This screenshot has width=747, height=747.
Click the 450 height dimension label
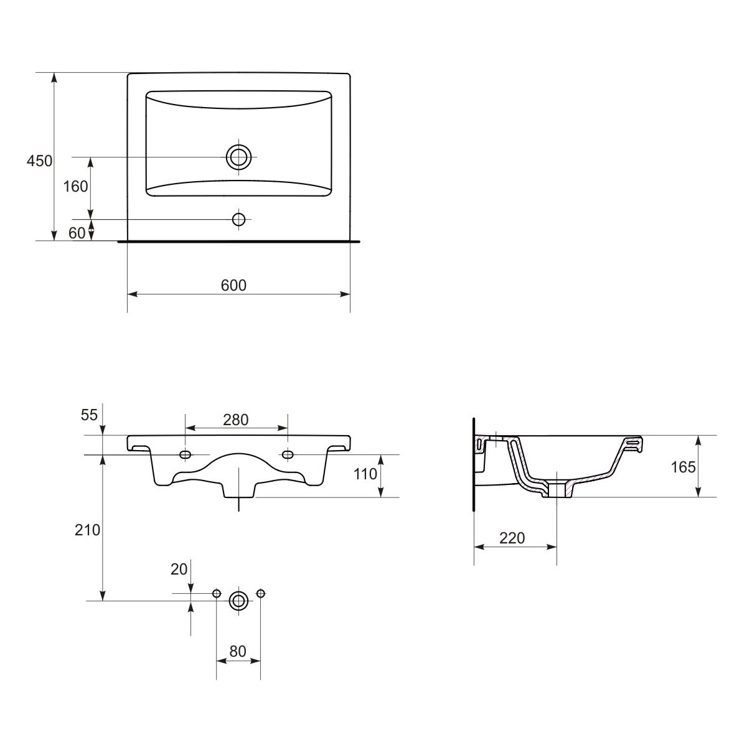click(x=39, y=161)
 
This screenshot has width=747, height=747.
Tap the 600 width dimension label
click(x=233, y=285)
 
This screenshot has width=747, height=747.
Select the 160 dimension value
click(x=75, y=187)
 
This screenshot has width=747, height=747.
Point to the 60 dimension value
click(x=77, y=233)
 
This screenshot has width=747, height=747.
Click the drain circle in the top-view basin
click(x=238, y=157)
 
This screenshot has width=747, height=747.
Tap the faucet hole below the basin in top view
click(x=238, y=219)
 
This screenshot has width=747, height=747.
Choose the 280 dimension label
click(x=236, y=420)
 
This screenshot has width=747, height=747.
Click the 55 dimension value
click(x=89, y=415)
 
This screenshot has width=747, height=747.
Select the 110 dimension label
click(x=365, y=474)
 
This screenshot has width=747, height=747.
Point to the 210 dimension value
click(x=87, y=530)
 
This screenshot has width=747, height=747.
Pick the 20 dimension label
click(x=179, y=569)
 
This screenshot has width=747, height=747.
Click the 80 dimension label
click(x=238, y=651)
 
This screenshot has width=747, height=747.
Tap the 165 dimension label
click(x=683, y=467)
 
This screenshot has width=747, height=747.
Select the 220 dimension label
click(x=512, y=538)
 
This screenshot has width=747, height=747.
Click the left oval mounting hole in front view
click(x=186, y=454)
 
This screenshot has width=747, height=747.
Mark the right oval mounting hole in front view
click(x=288, y=454)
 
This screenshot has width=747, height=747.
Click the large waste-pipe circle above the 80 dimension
click(x=238, y=601)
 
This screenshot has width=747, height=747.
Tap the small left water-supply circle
click(x=217, y=593)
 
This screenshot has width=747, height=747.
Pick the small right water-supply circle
click(x=260, y=593)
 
